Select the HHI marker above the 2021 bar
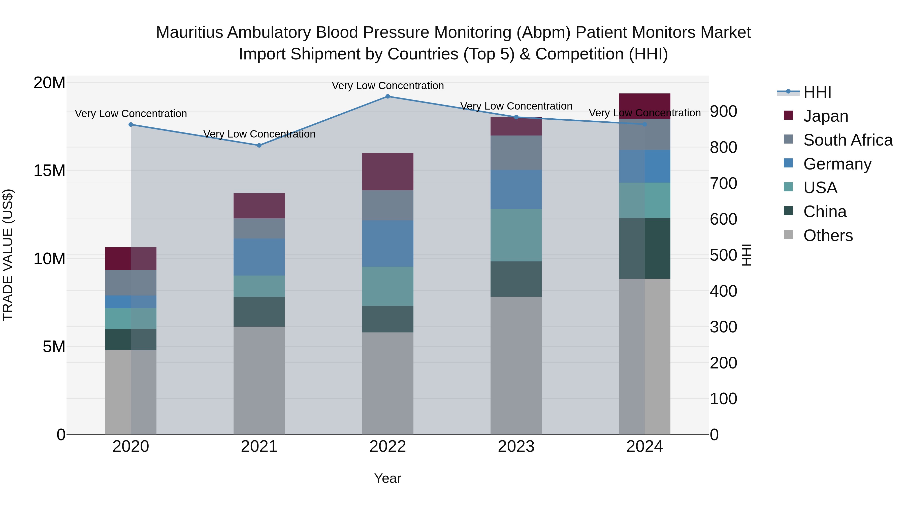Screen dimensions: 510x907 (x=259, y=145)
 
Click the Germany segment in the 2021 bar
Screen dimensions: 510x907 (x=259, y=257)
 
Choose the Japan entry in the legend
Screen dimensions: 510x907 (x=825, y=116)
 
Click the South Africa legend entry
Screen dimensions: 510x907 (x=848, y=140)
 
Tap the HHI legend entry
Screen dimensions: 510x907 (x=817, y=92)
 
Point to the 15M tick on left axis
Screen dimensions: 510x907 (x=49, y=171)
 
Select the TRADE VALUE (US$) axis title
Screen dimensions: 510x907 (x=8, y=255)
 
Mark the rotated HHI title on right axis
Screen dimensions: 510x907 (x=747, y=255)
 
